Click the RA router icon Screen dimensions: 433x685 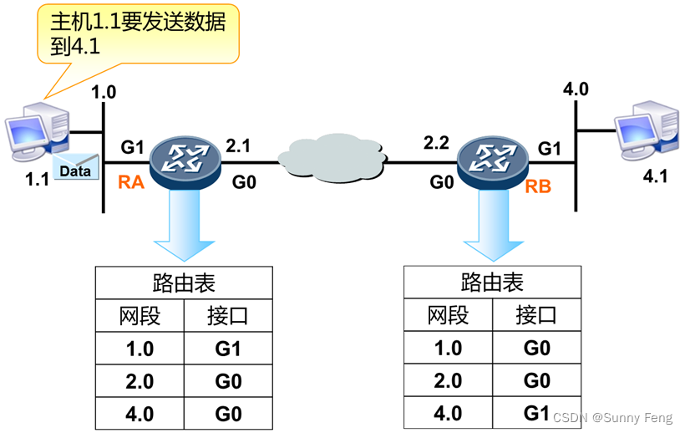pos(185,157)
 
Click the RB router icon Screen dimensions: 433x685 pos(494,156)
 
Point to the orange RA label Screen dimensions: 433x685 pos(132,181)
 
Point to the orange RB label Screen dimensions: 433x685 pos(538,186)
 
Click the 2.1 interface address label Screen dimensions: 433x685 pos(238,145)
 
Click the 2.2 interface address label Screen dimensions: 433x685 pos(436,143)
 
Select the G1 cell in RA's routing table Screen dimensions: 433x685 pos(227,348)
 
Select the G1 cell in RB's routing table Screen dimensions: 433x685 pos(536,412)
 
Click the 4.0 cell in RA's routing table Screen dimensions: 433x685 pos(139,413)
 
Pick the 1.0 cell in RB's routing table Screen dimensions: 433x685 pos(448,348)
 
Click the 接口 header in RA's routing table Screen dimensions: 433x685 pos(227,316)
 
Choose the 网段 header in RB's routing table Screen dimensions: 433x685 pos(448,316)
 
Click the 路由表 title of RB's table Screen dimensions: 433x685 pos(492,283)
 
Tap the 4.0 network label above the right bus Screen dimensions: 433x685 pos(576,89)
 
